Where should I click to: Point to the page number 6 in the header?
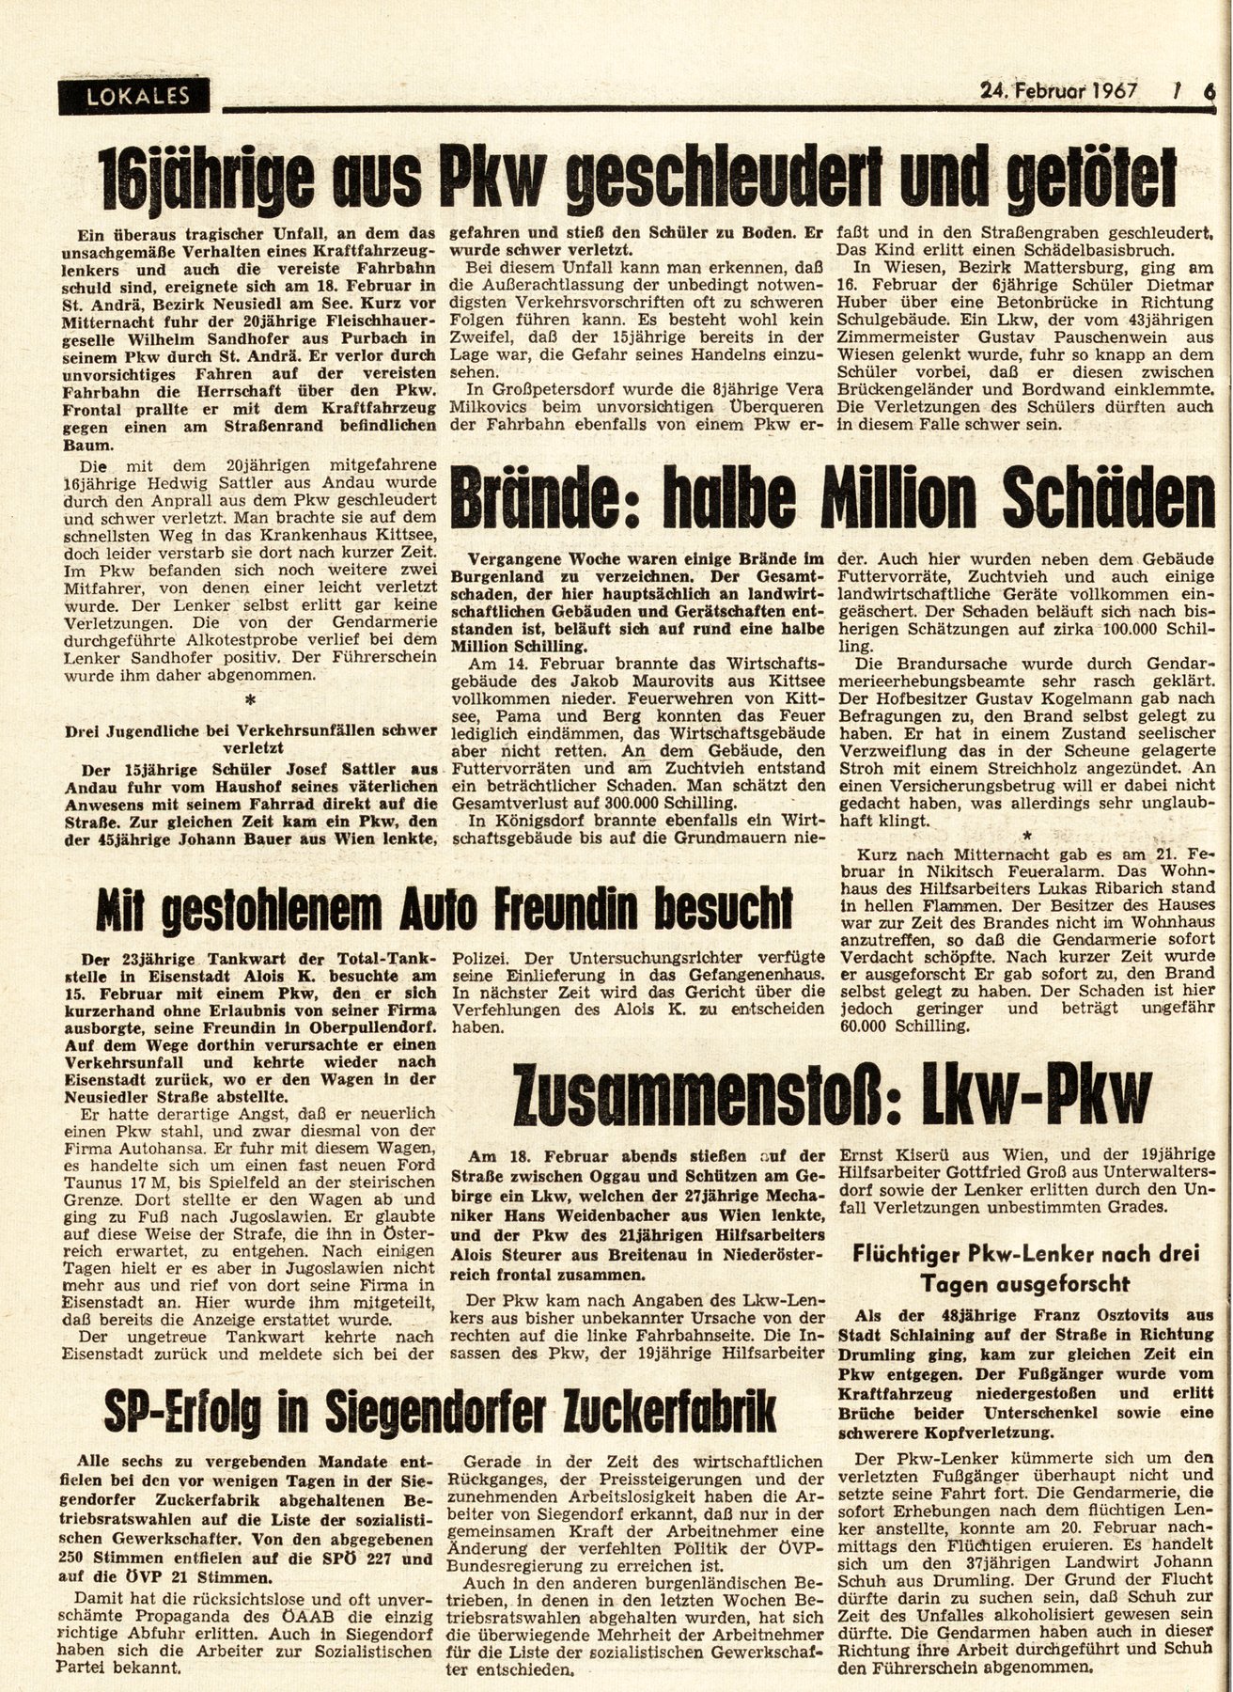[1209, 91]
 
